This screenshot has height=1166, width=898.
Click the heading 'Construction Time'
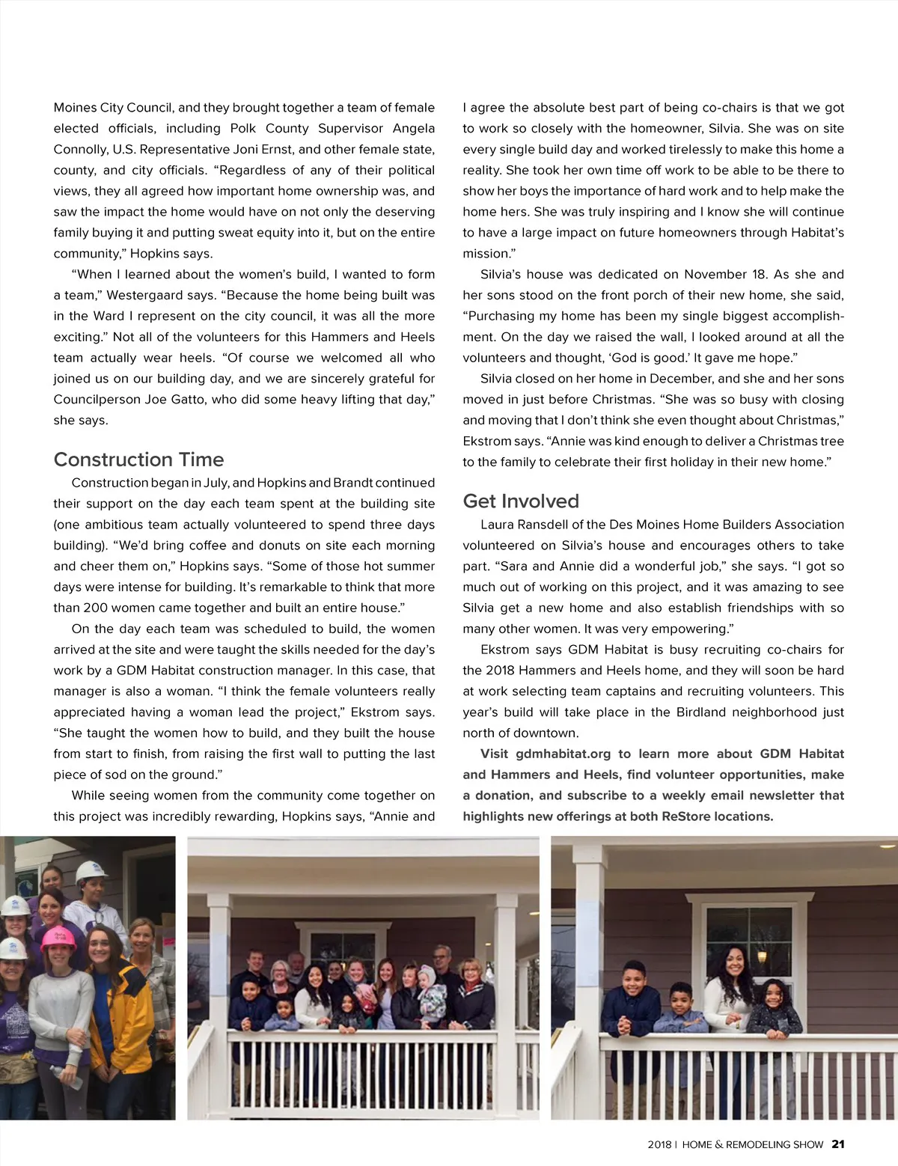point(138,460)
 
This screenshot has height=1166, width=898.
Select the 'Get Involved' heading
point(521,501)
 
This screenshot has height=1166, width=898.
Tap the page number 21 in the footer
point(838,1144)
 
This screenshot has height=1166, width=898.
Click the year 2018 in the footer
point(659,1145)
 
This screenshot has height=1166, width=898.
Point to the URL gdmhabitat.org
point(563,754)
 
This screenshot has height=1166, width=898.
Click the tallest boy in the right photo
point(633,1003)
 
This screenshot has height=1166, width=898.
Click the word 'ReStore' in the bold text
point(686,816)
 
